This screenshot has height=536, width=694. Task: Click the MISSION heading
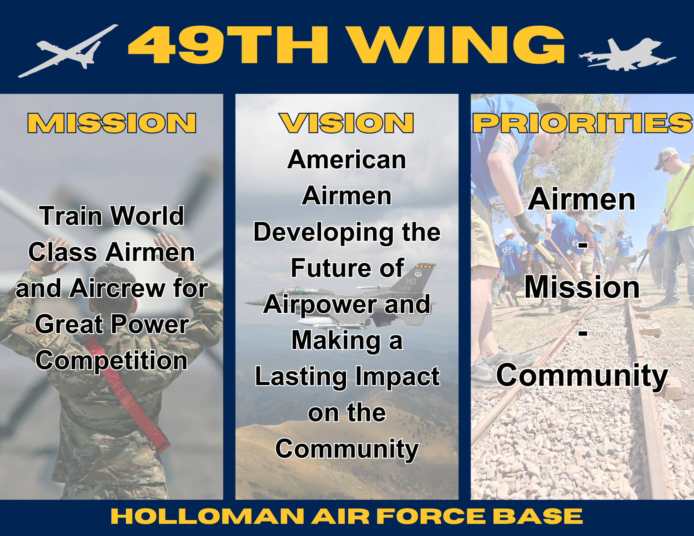112,123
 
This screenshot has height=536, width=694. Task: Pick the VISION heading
346,123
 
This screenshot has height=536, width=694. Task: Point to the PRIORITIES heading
583,123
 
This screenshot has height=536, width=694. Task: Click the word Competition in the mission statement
112,361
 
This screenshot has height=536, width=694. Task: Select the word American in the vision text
347,160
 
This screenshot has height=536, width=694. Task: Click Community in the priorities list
582,376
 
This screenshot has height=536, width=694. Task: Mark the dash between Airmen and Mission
583,245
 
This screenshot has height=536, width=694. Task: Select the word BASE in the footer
538,517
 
